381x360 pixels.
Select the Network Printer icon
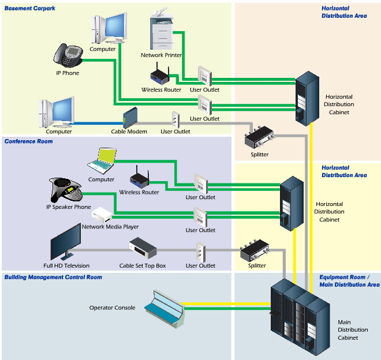(x=161, y=32)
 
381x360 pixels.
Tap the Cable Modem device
(x=130, y=118)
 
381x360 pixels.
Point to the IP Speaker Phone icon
(x=64, y=189)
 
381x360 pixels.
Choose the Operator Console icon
(x=165, y=306)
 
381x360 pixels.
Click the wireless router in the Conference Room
(x=139, y=177)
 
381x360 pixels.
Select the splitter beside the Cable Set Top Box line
(x=256, y=250)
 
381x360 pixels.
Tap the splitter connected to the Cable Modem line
(x=259, y=137)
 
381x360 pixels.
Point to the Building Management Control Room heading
(x=53, y=277)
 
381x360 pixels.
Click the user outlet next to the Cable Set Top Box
(x=200, y=252)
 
